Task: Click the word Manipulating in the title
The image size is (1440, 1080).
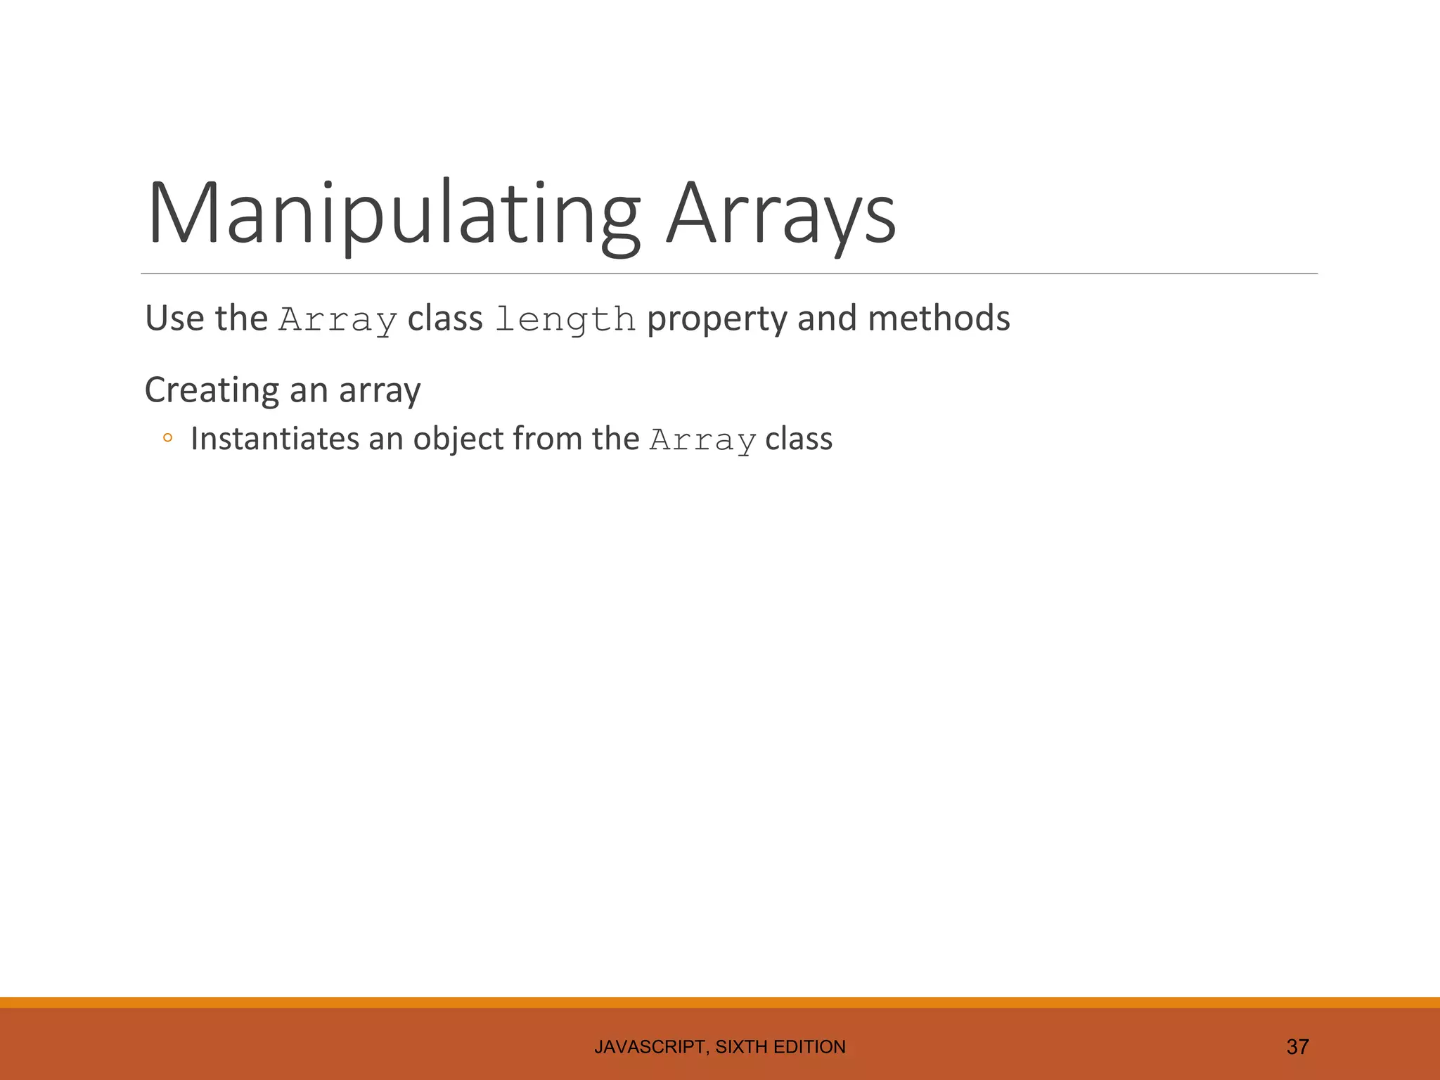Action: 394,214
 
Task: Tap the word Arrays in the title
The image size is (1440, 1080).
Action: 781,214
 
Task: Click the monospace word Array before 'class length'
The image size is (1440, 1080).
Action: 338,320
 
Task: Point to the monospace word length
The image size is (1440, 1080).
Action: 565,320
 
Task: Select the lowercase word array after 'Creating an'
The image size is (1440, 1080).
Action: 380,391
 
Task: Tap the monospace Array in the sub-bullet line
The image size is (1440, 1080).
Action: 702,441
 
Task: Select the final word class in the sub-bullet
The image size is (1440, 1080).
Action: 799,439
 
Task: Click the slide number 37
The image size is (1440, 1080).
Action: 1297,1047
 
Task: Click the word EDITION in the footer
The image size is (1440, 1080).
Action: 809,1047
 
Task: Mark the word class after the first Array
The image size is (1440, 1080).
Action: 445,318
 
